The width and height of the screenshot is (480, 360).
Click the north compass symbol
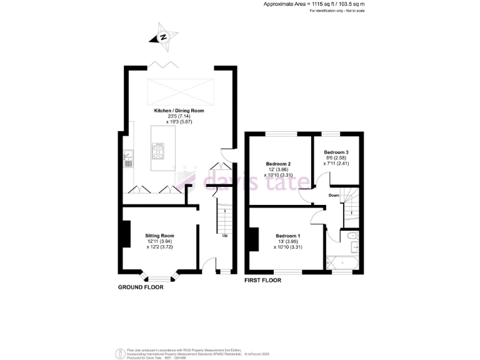tap(163, 37)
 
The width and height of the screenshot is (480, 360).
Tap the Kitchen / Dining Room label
tap(179, 111)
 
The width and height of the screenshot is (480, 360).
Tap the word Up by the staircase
tap(225, 236)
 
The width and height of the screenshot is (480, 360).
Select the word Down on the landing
tap(334, 195)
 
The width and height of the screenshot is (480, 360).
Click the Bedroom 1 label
tap(288, 236)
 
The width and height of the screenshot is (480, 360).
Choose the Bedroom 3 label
tap(336, 152)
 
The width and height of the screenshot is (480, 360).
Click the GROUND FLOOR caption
tap(141, 287)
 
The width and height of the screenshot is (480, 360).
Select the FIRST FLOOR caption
tap(262, 281)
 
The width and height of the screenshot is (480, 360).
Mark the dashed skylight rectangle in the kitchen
tap(179, 91)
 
